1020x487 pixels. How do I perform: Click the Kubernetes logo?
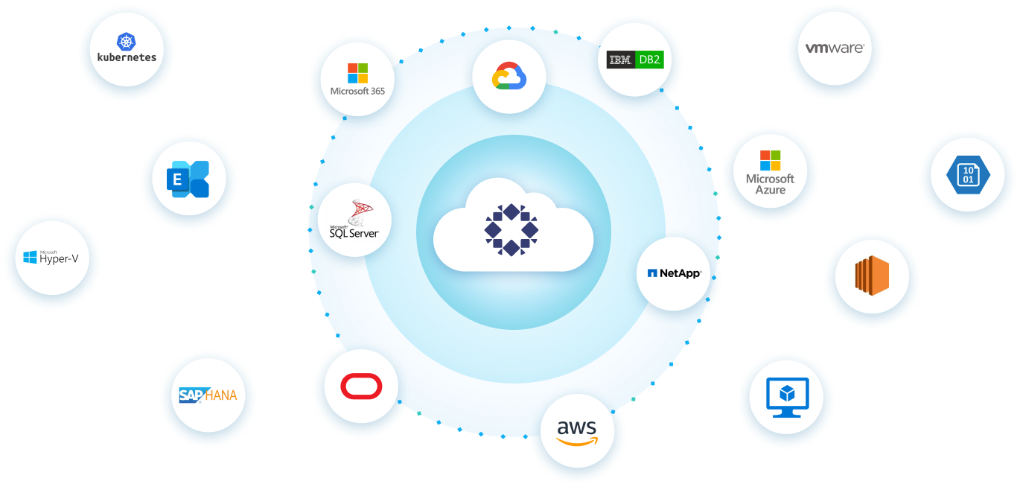(127, 48)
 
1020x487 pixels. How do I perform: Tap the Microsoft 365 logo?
(357, 79)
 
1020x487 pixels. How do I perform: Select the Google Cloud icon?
(509, 77)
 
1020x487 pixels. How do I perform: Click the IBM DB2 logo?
(634, 60)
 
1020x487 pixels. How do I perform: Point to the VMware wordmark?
(835, 48)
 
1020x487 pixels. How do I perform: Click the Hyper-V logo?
(51, 258)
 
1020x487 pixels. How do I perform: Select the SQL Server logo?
(354, 220)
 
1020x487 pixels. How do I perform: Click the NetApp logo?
(674, 273)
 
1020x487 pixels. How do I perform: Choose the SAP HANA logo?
(208, 395)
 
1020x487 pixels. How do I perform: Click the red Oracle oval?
(361, 386)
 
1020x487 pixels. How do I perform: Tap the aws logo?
(577, 432)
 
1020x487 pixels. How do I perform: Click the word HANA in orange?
(221, 395)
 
